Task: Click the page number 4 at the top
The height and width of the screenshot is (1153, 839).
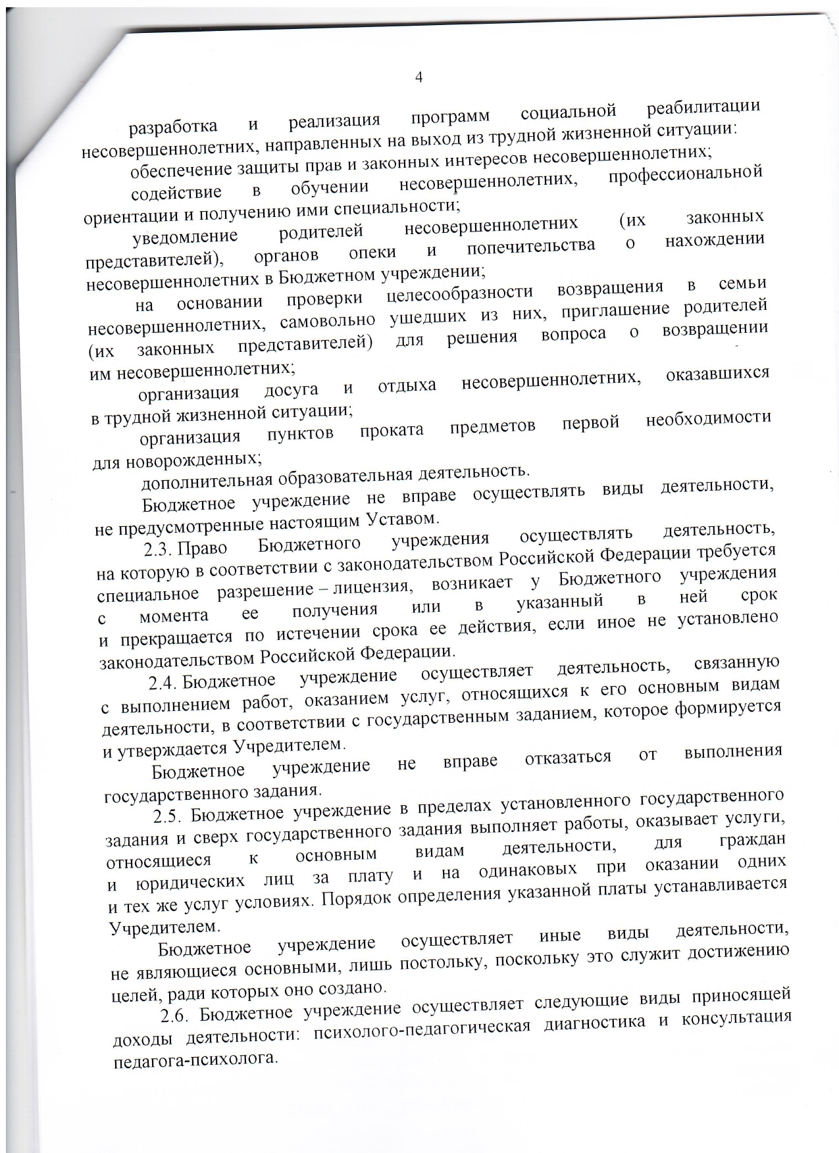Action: [x=419, y=77]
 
